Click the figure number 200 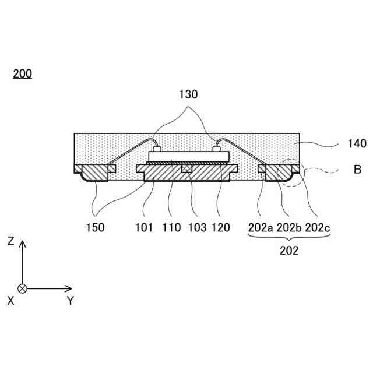tap(22, 74)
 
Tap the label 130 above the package tap(188, 94)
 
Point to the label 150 tap(96, 228)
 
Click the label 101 tap(143, 228)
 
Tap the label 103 tap(197, 228)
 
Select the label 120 tap(221, 228)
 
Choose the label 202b tap(290, 228)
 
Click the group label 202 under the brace tap(289, 251)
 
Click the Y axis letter tap(70, 301)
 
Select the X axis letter tap(10, 301)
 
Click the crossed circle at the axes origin tap(23, 288)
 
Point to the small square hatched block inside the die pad tap(186, 168)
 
